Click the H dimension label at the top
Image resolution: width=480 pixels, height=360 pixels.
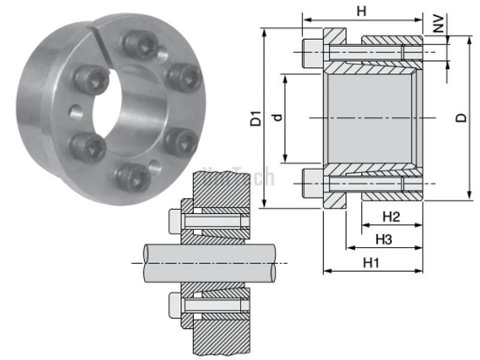coord(361,11)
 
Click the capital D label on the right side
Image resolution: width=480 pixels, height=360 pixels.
coord(461,118)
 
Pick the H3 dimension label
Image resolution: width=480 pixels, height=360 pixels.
coord(384,239)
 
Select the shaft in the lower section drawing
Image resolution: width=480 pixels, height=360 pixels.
coord(210,263)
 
